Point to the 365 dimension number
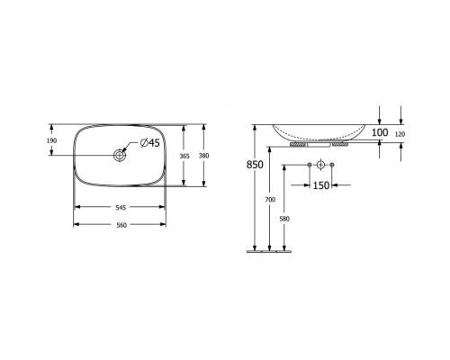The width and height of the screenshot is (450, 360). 183,156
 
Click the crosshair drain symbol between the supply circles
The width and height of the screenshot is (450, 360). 320,166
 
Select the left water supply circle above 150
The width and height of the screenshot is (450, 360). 309,166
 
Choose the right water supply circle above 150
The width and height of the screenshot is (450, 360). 333,166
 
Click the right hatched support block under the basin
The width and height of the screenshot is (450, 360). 339,144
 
